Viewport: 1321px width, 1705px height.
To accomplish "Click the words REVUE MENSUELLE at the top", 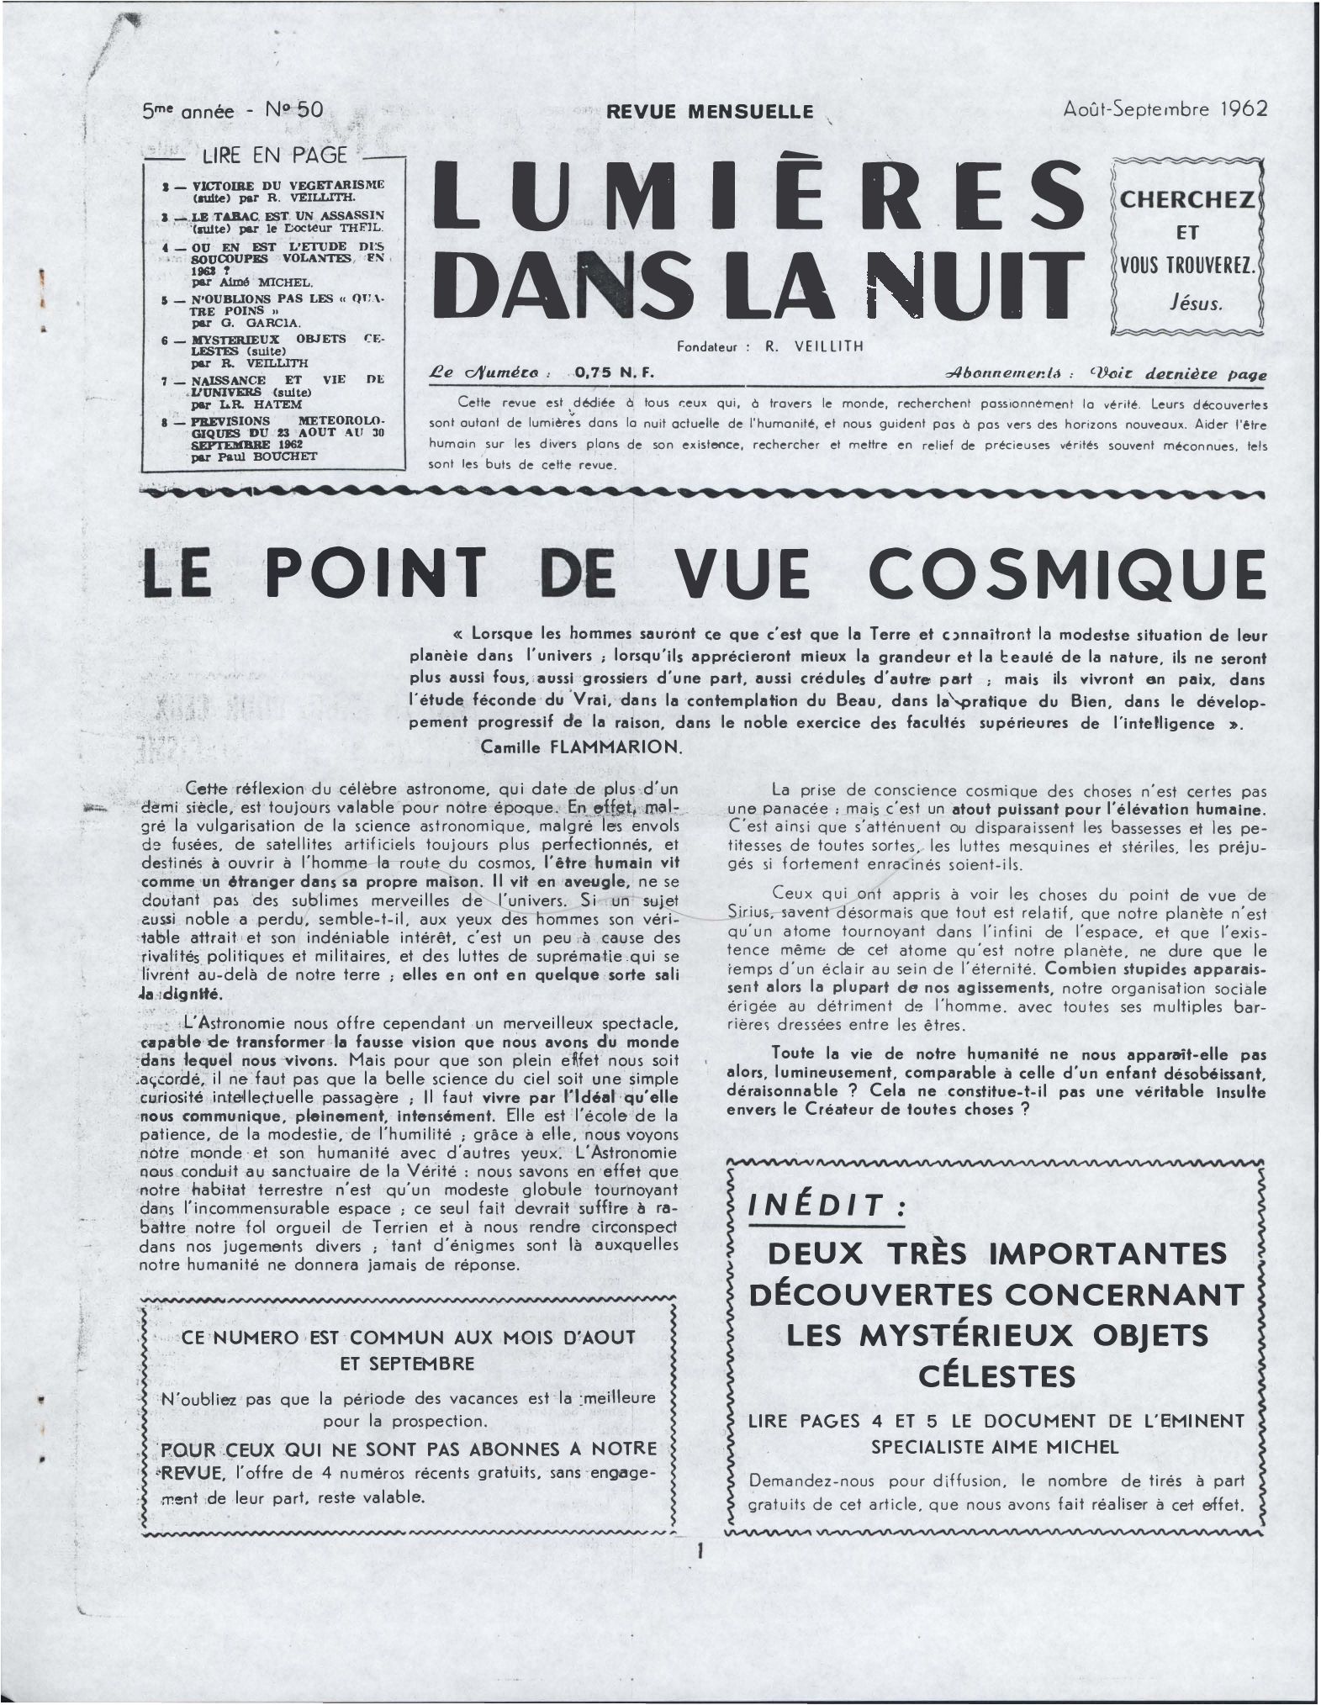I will click(x=710, y=111).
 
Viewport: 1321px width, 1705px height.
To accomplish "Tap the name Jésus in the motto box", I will click(x=1188, y=304).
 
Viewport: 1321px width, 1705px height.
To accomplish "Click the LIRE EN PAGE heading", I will click(x=274, y=155).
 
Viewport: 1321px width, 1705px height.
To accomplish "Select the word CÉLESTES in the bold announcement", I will click(x=997, y=1376).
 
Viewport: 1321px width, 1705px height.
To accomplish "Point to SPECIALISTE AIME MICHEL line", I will click(x=995, y=1447).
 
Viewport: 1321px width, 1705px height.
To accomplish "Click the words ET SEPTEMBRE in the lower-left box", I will click(x=407, y=1363).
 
